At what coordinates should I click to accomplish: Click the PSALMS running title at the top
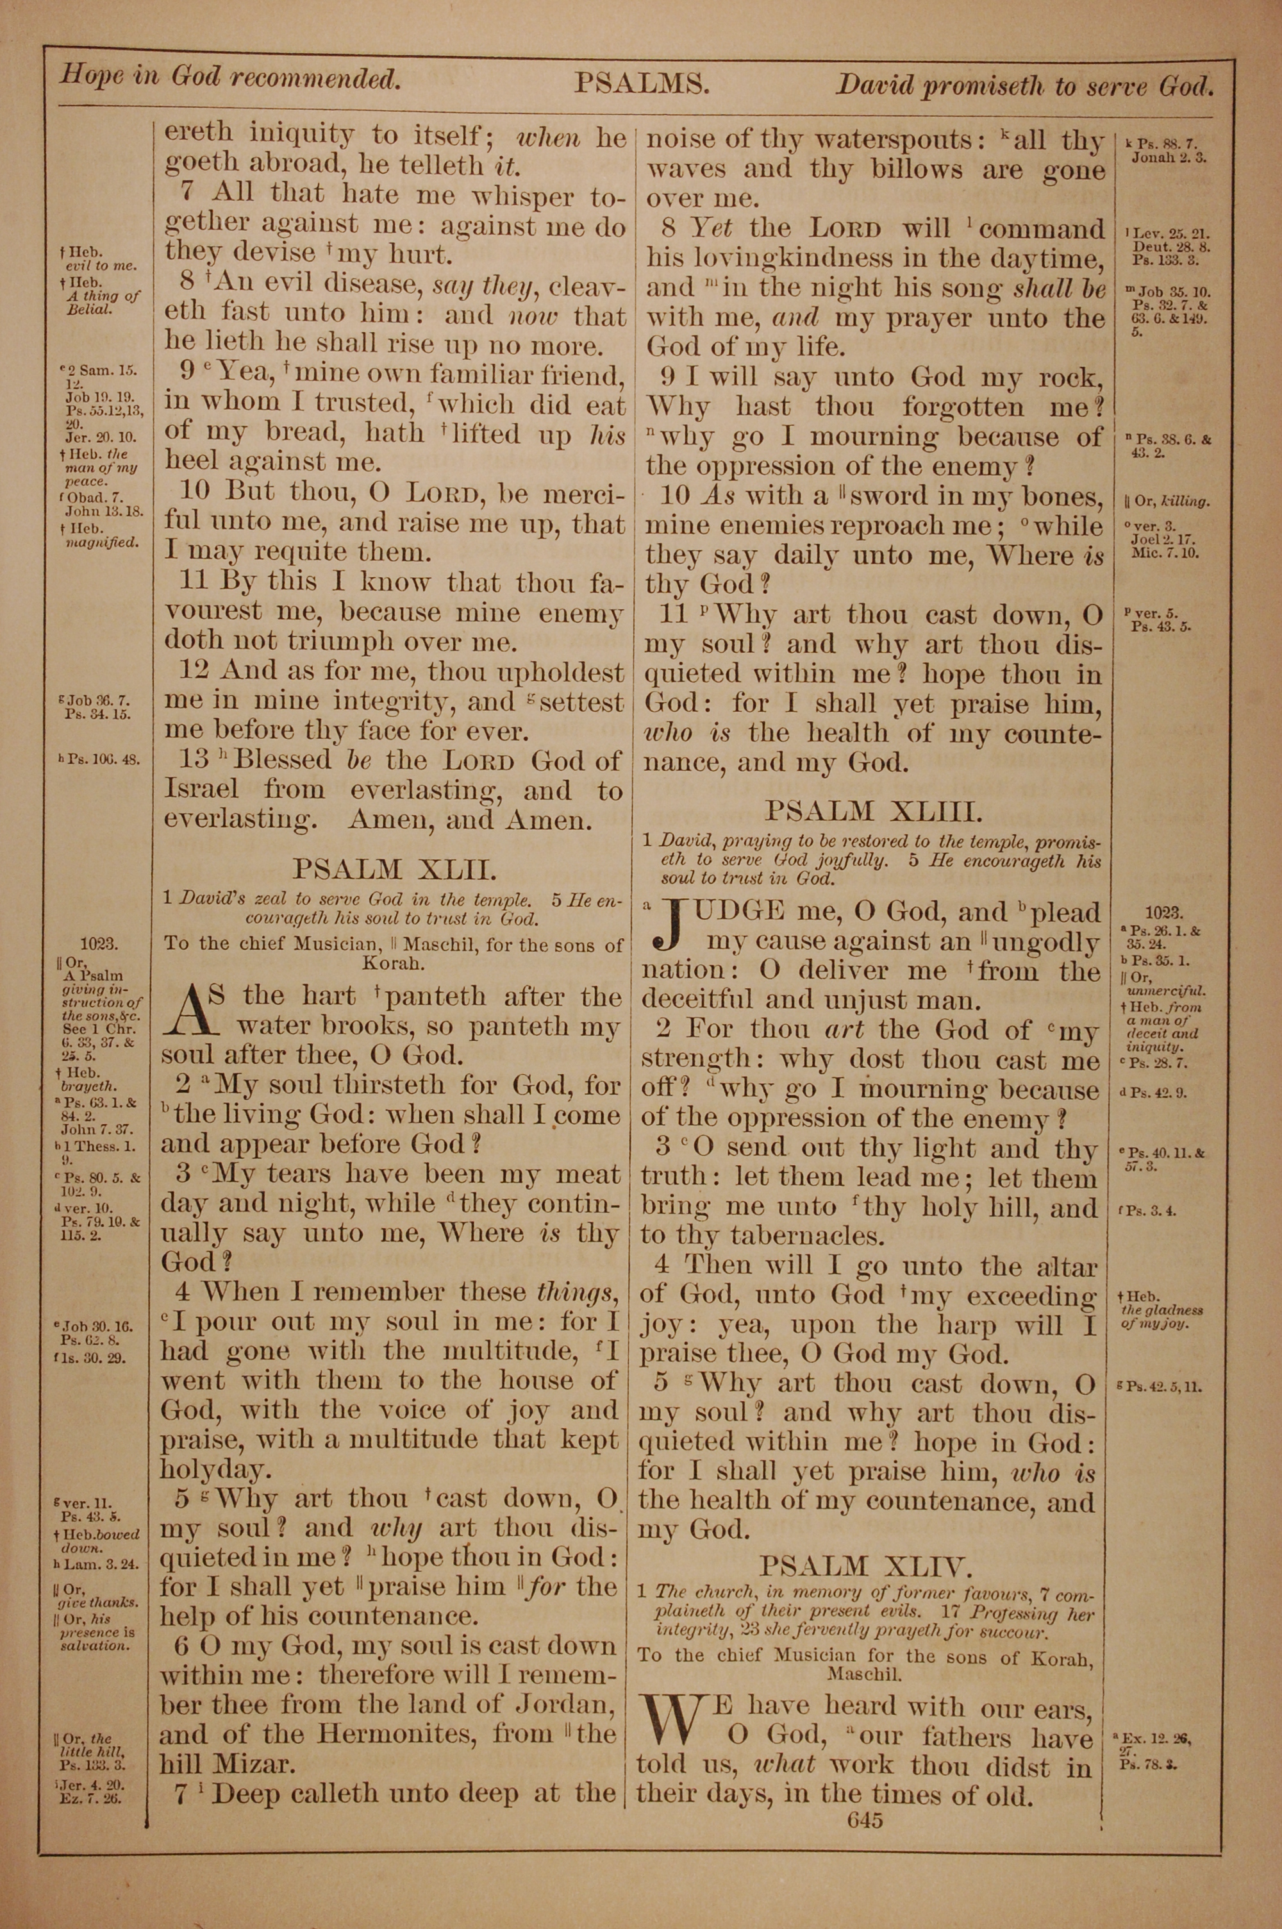pos(640,84)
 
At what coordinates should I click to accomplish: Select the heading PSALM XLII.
pos(394,868)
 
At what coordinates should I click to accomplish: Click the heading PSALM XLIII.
pos(872,811)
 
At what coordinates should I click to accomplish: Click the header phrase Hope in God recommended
pos(229,78)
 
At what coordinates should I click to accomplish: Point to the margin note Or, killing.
pos(1167,501)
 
